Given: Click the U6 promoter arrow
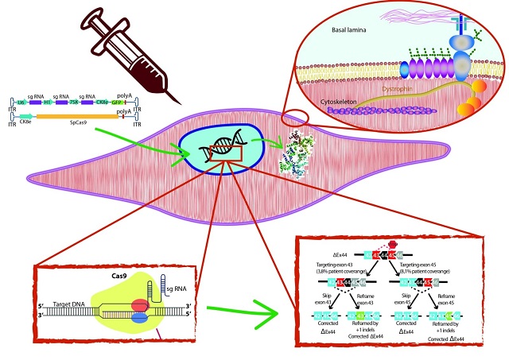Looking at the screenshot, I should [21, 103].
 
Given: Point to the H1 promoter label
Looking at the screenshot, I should [49, 103].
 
